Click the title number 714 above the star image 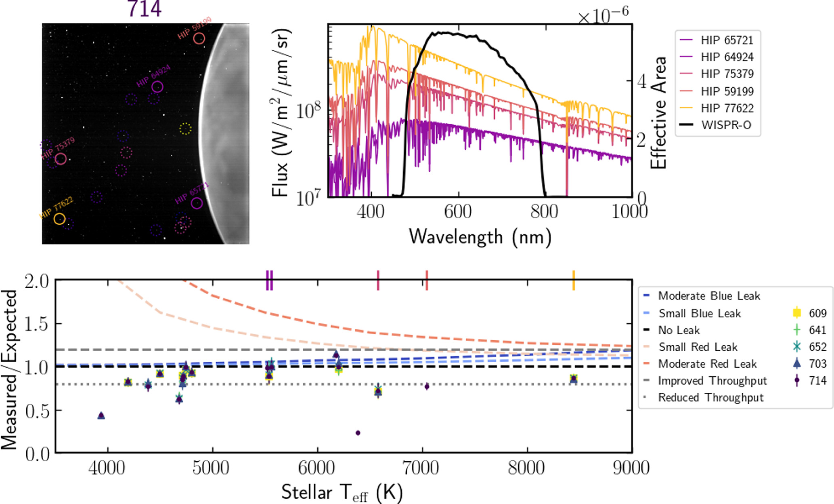coord(145,9)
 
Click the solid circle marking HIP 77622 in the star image coord(59,219)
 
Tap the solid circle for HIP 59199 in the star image coord(199,38)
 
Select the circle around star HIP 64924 coord(157,87)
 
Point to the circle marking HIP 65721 coord(197,203)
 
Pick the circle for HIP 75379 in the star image coord(61,159)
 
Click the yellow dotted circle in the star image coord(185,129)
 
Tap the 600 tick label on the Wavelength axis coord(458,211)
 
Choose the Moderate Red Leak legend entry coord(707,364)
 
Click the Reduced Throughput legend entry coord(711,398)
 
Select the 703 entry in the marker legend coord(817,364)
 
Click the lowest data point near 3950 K coord(101,415)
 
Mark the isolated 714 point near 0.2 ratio coord(358,433)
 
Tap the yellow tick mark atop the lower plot coord(573,280)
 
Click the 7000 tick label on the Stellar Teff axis coord(422,468)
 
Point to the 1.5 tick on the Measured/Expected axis coord(37,324)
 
